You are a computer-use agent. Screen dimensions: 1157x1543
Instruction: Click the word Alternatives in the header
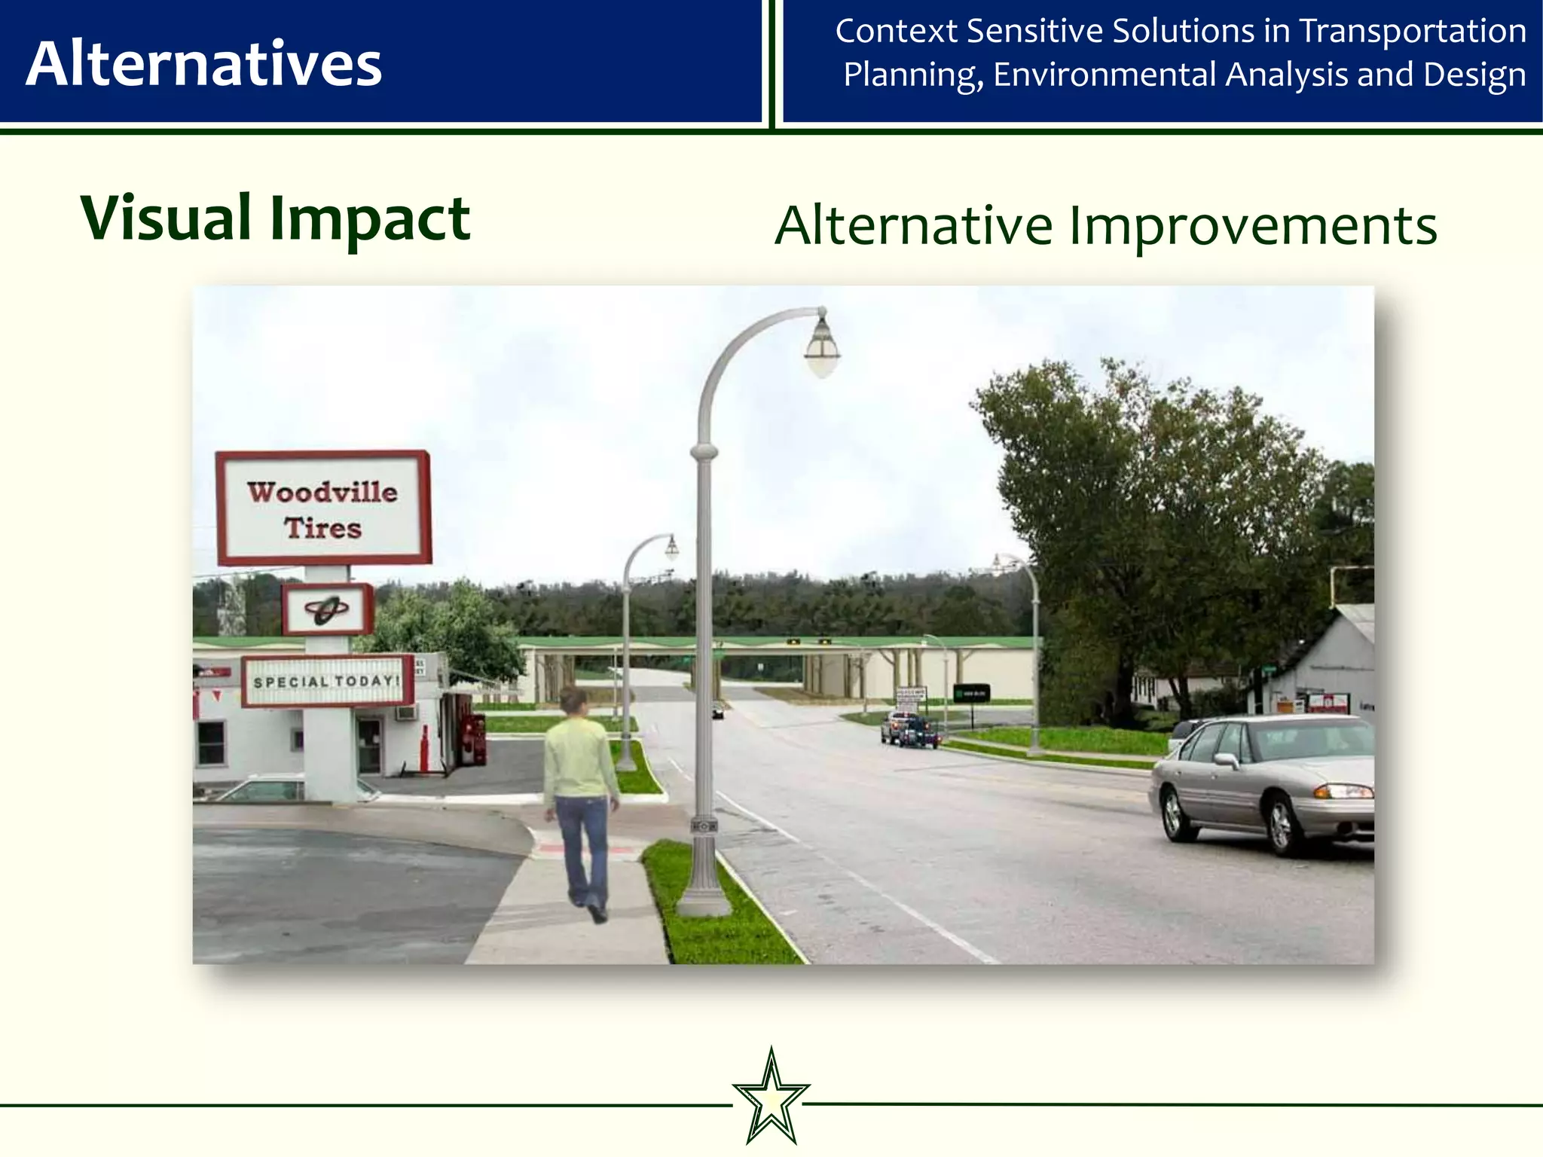click(203, 64)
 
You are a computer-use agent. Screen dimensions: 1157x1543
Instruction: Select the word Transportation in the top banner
click(1413, 32)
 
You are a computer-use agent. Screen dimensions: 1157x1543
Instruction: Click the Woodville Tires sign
click(323, 508)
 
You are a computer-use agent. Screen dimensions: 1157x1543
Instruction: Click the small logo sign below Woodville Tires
click(327, 609)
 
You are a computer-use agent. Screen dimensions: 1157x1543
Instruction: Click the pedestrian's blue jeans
click(582, 844)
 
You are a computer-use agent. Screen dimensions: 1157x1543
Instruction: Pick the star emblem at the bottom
click(771, 1097)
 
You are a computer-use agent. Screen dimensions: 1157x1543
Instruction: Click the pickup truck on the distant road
click(910, 729)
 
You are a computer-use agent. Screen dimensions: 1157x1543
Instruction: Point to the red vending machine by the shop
click(473, 738)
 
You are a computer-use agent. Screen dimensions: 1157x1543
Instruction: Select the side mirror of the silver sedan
click(1226, 761)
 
